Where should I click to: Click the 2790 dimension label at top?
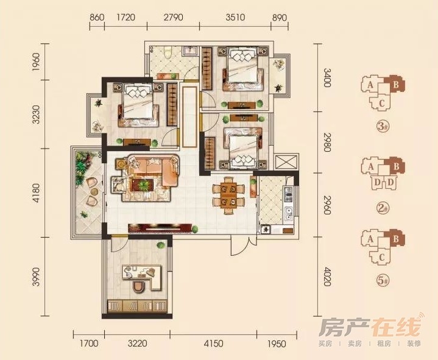[174, 17]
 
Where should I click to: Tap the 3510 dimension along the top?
[235, 17]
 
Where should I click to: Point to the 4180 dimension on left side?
[37, 192]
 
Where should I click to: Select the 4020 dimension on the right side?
[327, 277]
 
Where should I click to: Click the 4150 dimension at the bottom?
[213, 343]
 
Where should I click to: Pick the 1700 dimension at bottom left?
[89, 343]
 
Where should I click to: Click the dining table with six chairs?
[228, 195]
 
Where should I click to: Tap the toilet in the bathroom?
[168, 52]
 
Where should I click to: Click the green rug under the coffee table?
[144, 185]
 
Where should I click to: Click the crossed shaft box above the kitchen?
[286, 162]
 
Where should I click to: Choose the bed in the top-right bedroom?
[242, 68]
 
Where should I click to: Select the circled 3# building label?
[383, 127]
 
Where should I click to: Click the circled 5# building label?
[383, 280]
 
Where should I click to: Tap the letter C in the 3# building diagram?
[381, 104]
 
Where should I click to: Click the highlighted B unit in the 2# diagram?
[395, 167]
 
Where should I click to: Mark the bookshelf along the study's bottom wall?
[137, 306]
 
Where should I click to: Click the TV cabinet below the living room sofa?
[160, 228]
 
